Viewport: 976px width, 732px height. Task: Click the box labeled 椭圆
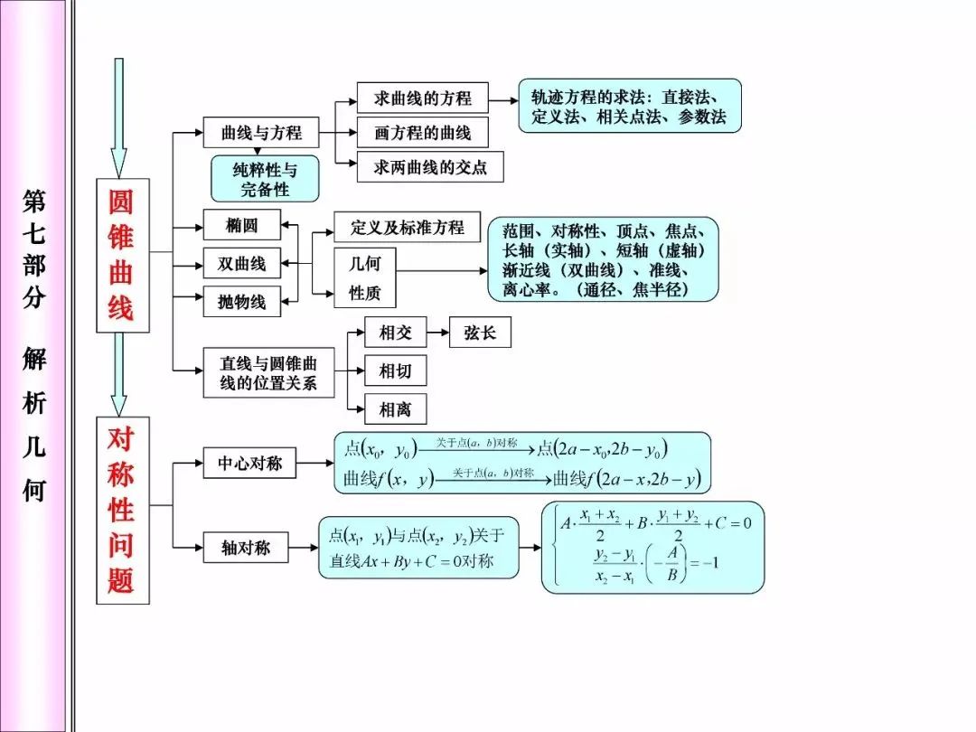click(241, 225)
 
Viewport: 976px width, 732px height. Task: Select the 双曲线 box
click(241, 263)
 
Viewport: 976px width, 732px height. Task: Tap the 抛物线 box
click(241, 301)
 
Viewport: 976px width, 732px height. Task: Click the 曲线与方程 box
click(261, 132)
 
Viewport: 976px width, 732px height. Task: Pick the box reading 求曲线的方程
click(422, 98)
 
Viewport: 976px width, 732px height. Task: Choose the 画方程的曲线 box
click(422, 132)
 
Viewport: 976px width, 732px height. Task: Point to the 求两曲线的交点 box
click(430, 166)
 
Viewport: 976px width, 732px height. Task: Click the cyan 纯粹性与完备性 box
click(265, 179)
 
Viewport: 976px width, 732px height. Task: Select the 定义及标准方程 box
click(407, 227)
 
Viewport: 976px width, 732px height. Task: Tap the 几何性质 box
click(365, 277)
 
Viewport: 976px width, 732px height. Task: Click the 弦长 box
click(480, 333)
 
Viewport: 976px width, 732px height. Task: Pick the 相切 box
click(395, 371)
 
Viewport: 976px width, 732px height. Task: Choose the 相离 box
click(395, 409)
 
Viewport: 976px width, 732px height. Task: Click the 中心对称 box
click(249, 463)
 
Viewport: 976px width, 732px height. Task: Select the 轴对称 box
click(246, 547)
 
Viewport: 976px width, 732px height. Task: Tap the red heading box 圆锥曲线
click(123, 255)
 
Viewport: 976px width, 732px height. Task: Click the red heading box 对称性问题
click(123, 511)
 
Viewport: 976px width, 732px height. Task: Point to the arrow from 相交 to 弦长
click(438, 333)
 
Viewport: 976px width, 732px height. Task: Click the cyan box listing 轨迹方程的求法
click(630, 106)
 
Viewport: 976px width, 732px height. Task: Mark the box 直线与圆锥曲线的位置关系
click(269, 373)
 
